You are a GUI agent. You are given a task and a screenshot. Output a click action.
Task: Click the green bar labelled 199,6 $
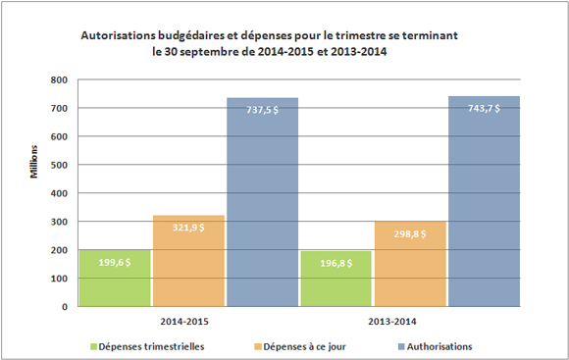[x=116, y=278]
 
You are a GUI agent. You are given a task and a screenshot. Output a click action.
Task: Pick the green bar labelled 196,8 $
[x=336, y=279]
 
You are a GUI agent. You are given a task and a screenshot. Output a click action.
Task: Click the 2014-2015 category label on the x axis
[x=187, y=321]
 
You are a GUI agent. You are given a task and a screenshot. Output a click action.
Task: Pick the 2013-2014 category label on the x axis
[x=410, y=321]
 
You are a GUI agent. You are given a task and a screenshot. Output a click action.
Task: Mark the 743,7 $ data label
[x=484, y=109]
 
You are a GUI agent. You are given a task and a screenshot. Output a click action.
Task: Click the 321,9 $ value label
[x=188, y=228]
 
